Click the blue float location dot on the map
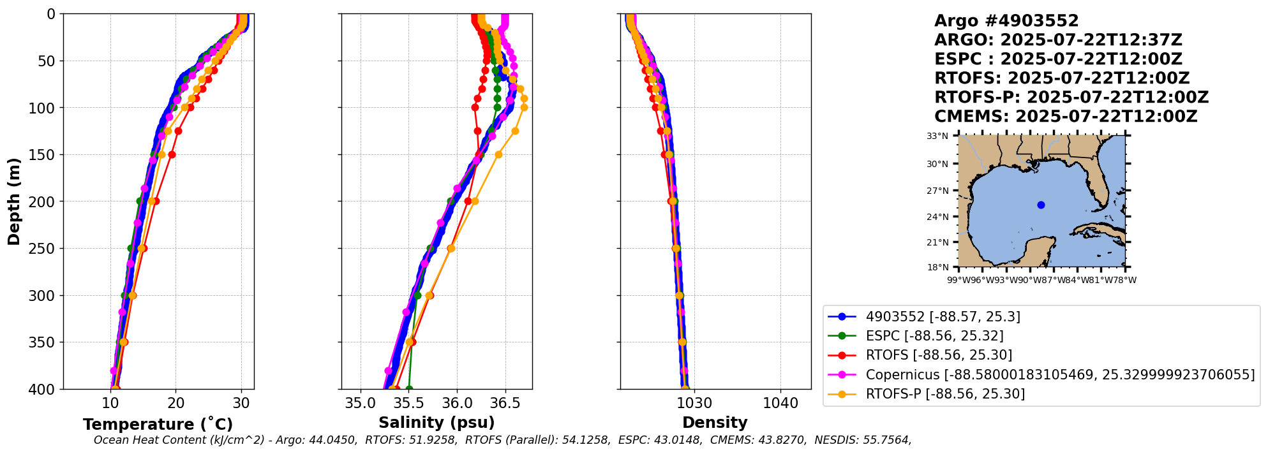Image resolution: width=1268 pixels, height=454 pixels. click(1041, 205)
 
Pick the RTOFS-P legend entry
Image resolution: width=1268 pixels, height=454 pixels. click(944, 394)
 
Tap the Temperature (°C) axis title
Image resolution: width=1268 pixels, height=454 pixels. click(158, 425)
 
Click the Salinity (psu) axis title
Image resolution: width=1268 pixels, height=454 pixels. click(436, 423)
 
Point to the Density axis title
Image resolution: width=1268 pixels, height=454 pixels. click(715, 423)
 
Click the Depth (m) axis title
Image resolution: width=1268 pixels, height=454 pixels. click(14, 201)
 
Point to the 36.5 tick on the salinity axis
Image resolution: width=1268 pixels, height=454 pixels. click(505, 403)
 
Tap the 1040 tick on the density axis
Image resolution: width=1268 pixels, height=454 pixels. click(780, 403)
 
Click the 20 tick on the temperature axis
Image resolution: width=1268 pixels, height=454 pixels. click(176, 403)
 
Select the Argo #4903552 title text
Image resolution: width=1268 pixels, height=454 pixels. click(1006, 21)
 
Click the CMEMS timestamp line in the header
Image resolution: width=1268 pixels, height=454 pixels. click(1066, 117)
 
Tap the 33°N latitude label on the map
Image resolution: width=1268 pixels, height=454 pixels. click(937, 136)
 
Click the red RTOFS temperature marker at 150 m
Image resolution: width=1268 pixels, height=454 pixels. click(172, 155)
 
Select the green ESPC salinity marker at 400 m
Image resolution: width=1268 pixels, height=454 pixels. click(409, 389)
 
